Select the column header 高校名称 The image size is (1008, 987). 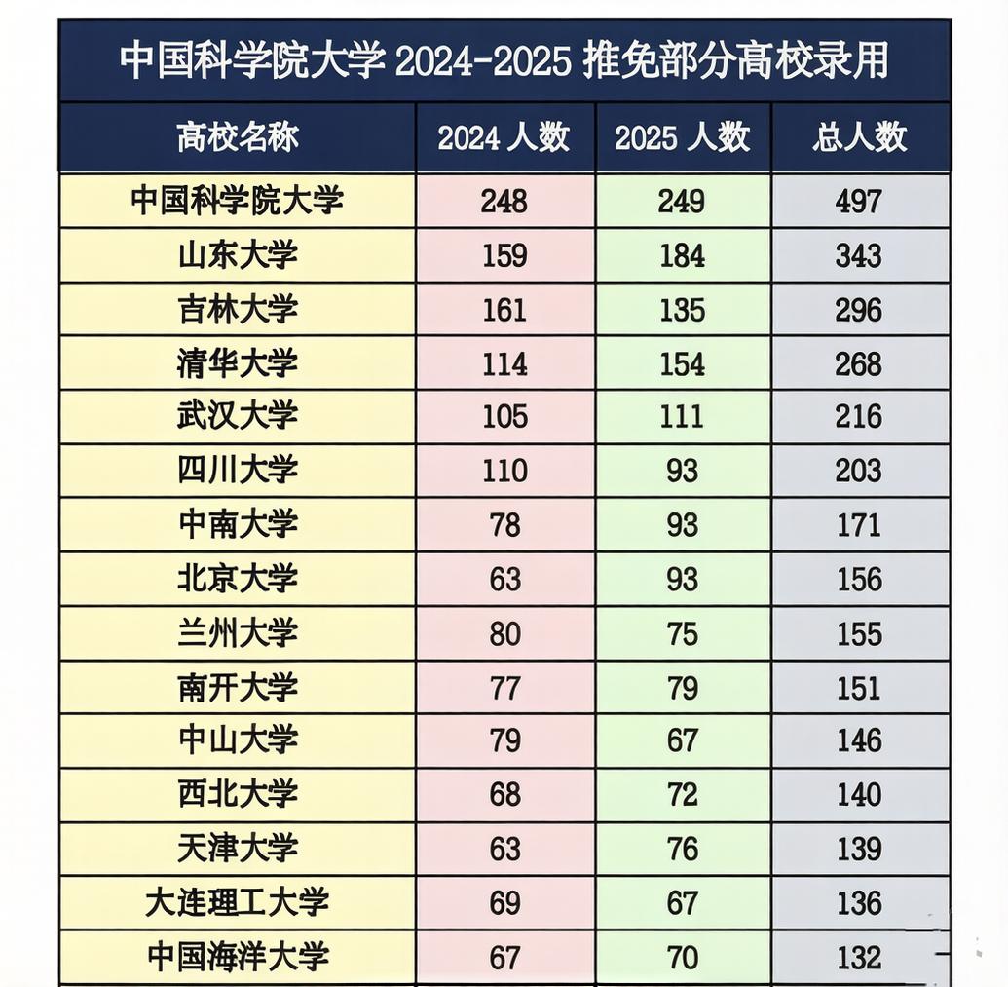(x=238, y=137)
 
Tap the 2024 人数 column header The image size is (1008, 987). (x=504, y=137)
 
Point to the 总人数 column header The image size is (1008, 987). (x=859, y=137)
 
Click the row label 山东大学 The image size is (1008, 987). (x=238, y=255)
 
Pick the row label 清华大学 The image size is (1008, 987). (x=238, y=363)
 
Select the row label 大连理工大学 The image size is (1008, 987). (x=238, y=902)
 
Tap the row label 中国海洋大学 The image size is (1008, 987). (x=238, y=957)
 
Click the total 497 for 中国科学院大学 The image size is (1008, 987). (x=859, y=202)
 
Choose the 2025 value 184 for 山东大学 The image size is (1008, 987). (x=682, y=255)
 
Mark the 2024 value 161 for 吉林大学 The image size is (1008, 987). (x=504, y=310)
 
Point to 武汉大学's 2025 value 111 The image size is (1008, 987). (x=682, y=417)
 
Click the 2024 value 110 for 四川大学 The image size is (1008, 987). (x=504, y=472)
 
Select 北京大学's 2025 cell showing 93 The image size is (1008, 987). (x=682, y=580)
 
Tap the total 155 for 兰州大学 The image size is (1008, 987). (x=859, y=634)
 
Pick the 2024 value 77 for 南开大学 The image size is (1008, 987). (x=504, y=688)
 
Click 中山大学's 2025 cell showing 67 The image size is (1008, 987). (x=682, y=741)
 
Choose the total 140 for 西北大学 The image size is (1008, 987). (x=859, y=795)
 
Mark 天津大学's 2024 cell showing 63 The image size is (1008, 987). (x=504, y=849)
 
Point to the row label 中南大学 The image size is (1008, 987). (x=238, y=525)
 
